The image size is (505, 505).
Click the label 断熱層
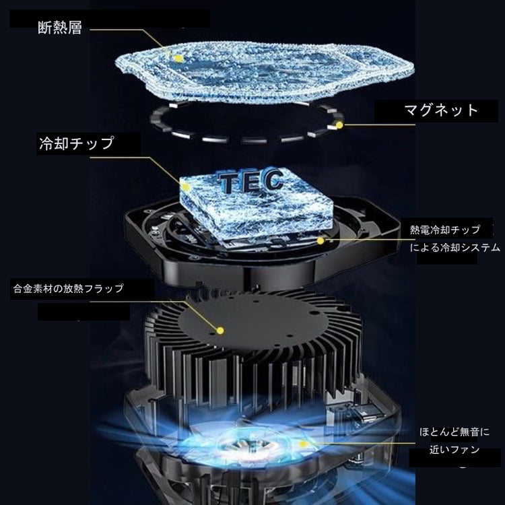click(60, 28)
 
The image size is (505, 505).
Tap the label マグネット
click(441, 110)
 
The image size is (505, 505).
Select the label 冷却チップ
click(77, 143)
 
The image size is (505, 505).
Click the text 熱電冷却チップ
click(445, 230)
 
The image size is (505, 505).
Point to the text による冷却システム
click(454, 247)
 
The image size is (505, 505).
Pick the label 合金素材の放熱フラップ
click(68, 288)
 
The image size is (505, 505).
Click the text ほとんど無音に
click(454, 432)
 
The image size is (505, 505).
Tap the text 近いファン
click(454, 450)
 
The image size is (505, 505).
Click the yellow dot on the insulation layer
click(178, 59)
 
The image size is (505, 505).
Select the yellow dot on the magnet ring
click(339, 125)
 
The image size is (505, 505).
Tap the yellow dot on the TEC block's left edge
click(185, 187)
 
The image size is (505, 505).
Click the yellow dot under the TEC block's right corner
click(320, 240)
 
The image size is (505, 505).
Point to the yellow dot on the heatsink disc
click(220, 330)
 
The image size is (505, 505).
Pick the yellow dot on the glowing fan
click(303, 444)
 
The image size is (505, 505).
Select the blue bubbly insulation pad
click(264, 73)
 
